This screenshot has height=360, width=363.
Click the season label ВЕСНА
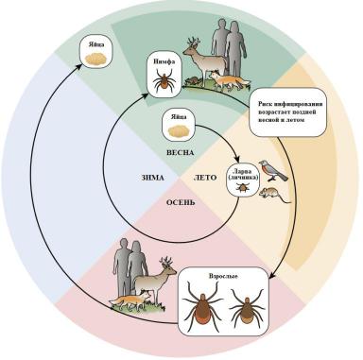(180, 153)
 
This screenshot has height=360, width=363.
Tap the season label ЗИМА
(152, 178)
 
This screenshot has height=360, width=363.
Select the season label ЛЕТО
(205, 178)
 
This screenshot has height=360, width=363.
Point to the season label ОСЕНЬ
(181, 202)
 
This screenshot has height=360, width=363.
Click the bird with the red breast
(272, 171)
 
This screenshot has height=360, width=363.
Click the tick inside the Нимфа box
(164, 81)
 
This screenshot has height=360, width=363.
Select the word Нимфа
(164, 61)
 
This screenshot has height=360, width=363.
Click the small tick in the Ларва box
(243, 188)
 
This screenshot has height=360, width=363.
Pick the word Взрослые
(223, 276)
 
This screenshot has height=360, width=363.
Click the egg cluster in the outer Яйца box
(95, 58)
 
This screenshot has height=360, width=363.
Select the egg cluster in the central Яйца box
(178, 130)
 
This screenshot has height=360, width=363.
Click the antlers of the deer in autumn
(166, 262)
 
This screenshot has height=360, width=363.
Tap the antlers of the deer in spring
(192, 43)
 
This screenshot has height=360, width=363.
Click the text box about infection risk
(287, 111)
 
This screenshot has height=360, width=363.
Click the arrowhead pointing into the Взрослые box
(272, 276)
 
